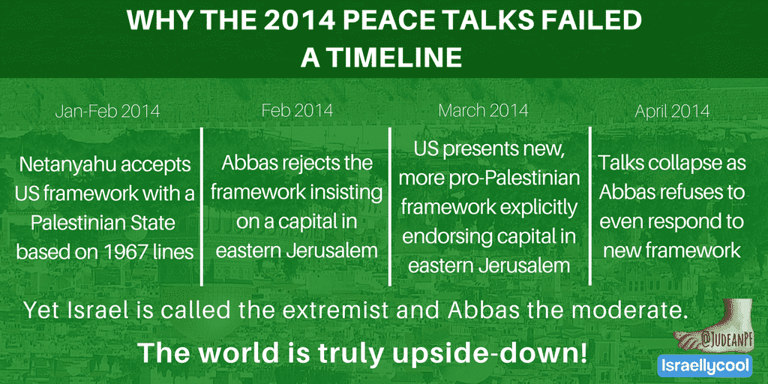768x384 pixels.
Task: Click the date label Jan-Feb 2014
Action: [x=107, y=111]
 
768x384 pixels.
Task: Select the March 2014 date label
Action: [x=483, y=110]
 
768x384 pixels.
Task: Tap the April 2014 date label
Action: [x=672, y=111]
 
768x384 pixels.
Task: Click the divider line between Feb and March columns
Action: [x=390, y=206]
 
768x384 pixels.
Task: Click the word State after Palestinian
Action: [x=151, y=223]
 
